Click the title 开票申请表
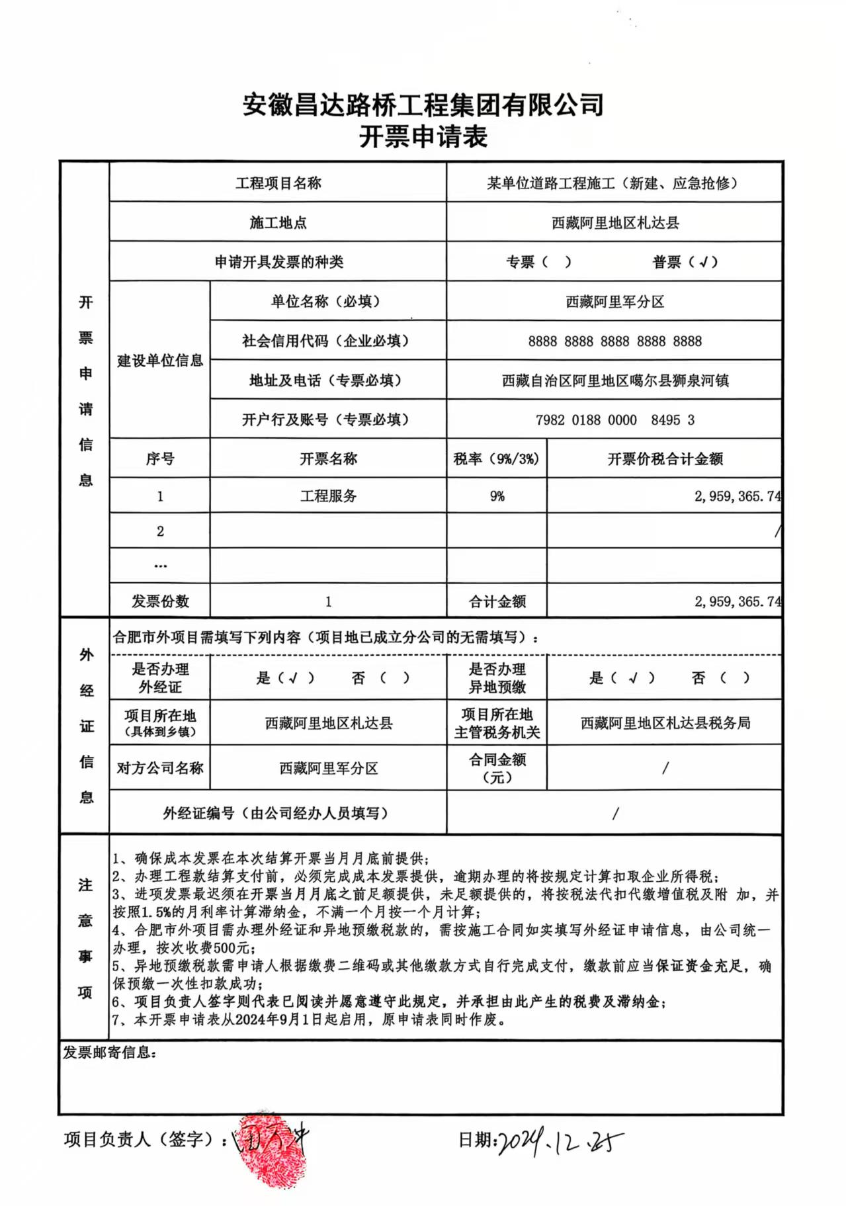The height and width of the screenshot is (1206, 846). coord(423,137)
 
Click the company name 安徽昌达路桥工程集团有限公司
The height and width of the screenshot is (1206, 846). coord(423,105)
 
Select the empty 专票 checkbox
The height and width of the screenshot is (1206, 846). coord(556,262)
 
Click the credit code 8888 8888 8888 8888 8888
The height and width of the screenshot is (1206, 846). coord(614,341)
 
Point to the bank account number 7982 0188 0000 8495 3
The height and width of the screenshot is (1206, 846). coord(614,420)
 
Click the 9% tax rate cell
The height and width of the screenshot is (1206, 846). coord(497,496)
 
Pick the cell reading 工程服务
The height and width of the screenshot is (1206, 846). coord(328,496)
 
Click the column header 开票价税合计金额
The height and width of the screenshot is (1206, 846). coord(665,459)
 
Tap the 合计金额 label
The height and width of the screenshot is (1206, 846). coord(497,601)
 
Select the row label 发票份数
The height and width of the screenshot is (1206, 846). coord(160,601)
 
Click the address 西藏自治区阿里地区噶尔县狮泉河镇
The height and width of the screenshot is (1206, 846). coord(614,381)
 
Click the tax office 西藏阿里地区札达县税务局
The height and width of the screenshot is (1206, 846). coord(665,723)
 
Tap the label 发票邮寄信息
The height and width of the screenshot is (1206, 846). coord(110,1053)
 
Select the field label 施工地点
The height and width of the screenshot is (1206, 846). coord(278,223)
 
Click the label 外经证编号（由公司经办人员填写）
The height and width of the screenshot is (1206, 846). coord(278,813)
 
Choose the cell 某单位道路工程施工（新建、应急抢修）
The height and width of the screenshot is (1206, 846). coord(614,183)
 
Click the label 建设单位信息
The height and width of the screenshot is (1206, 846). coord(160,361)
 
